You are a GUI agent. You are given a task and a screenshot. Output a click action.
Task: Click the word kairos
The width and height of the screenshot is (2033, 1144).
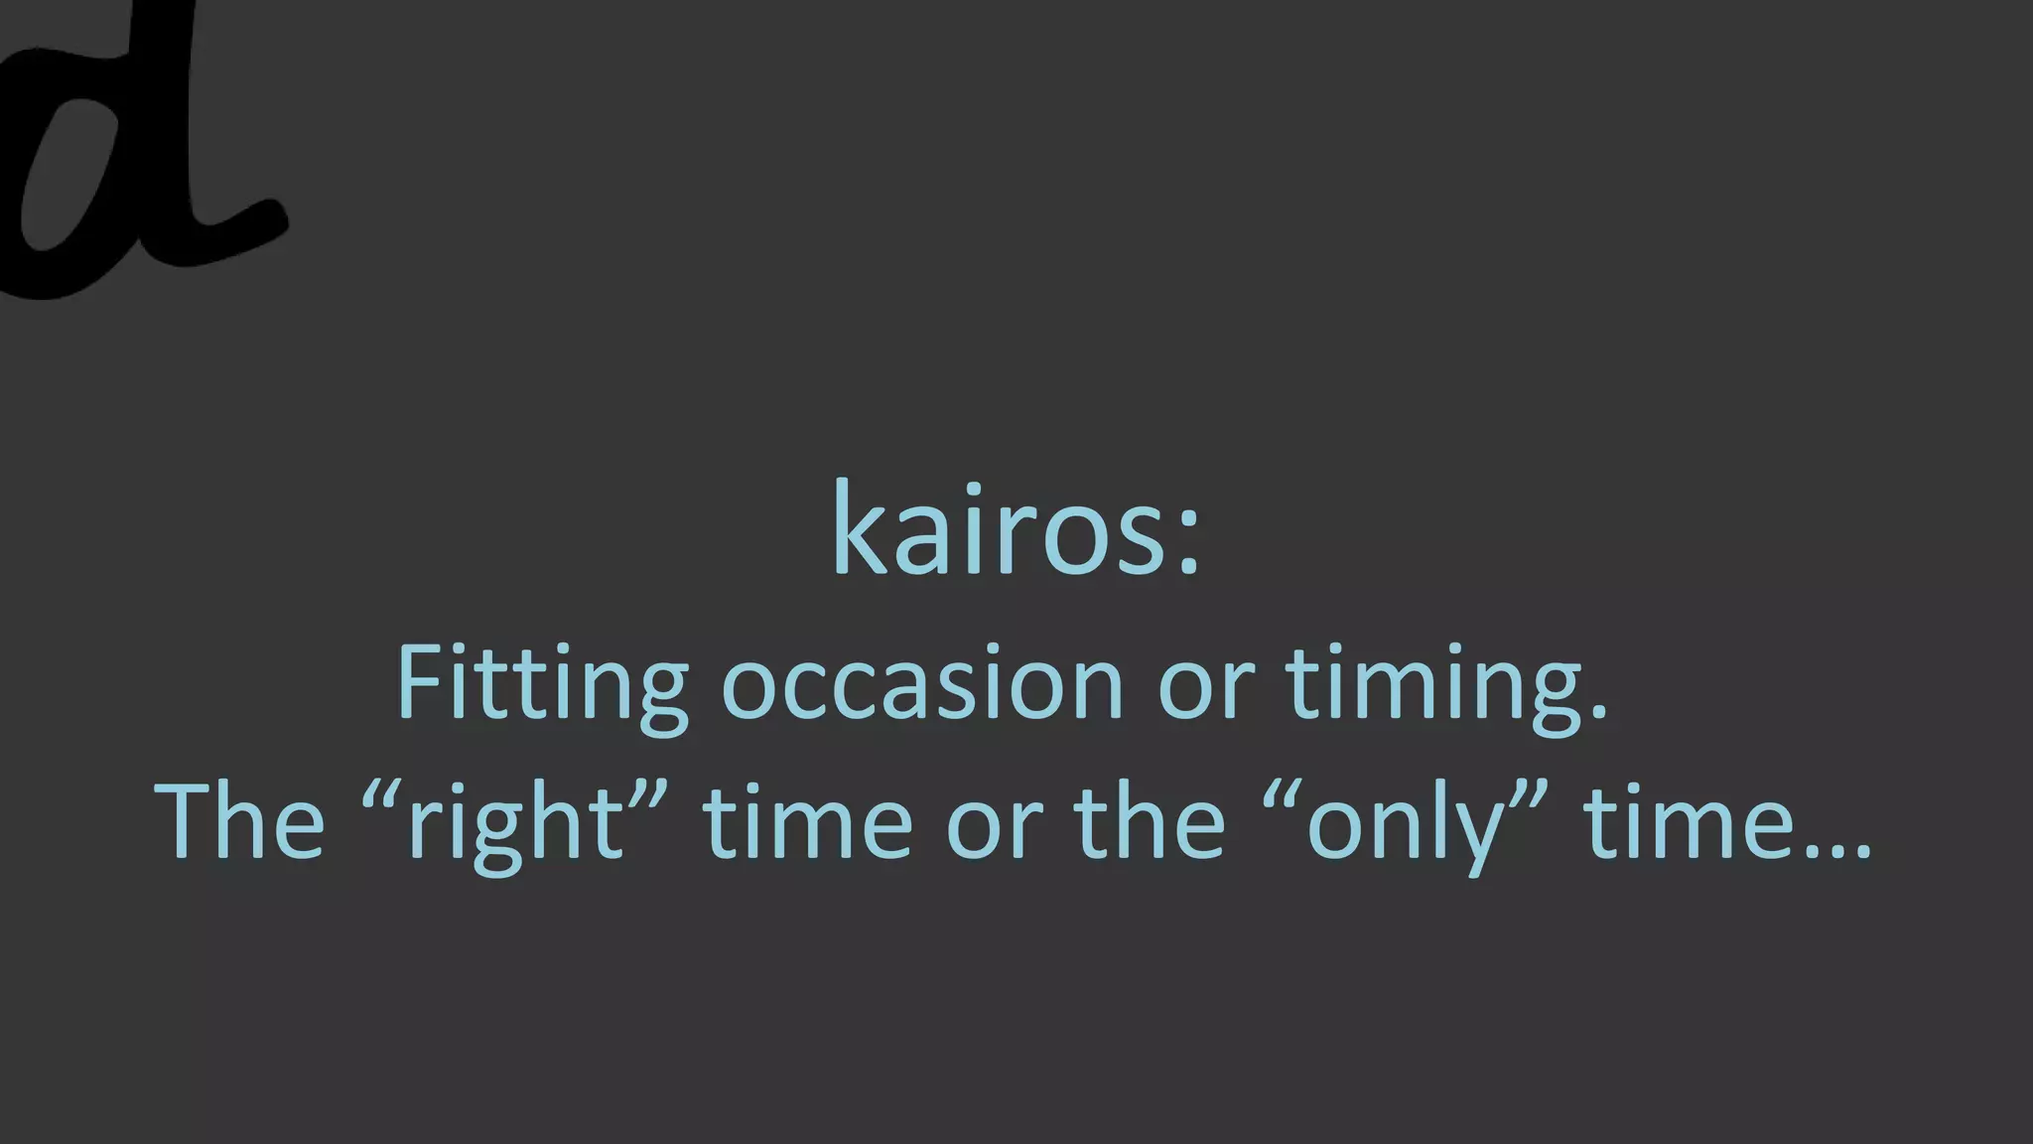998,528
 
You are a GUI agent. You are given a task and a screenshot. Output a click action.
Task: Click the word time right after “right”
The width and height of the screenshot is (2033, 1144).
806,822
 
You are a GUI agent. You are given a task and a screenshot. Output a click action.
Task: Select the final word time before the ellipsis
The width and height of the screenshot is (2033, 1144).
1687,822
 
